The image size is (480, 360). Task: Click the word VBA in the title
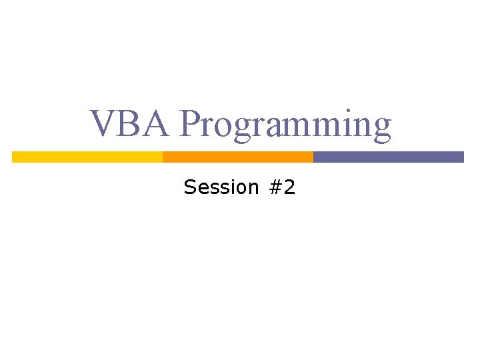[131, 125]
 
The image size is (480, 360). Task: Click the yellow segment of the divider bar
[87, 157]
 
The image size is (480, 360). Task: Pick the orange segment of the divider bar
[238, 157]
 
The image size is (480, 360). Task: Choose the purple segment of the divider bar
[389, 157]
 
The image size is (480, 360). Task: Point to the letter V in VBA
[105, 125]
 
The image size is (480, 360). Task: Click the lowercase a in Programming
[277, 129]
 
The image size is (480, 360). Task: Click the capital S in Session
[190, 187]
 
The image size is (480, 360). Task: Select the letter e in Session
[202, 189]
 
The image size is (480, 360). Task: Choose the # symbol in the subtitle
[275, 187]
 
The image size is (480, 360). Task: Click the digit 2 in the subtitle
[289, 187]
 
